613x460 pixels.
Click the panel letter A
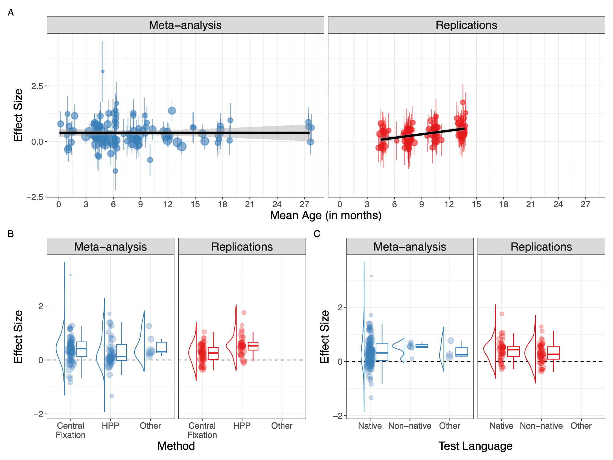click(11, 13)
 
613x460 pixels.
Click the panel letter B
click(11, 234)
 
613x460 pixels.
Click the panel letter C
click(317, 234)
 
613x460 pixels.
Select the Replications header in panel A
click(466, 25)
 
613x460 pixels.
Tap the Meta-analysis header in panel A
click(185, 25)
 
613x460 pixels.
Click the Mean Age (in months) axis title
click(326, 216)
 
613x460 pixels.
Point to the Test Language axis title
click(475, 446)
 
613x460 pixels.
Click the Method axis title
click(176, 446)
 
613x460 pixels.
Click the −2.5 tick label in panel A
click(35, 197)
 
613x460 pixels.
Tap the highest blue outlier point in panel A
click(103, 71)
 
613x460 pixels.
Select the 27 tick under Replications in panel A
click(585, 205)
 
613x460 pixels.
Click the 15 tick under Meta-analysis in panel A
click(195, 205)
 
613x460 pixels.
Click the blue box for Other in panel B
click(161, 348)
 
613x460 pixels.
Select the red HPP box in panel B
click(253, 346)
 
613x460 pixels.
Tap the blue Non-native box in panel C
click(422, 346)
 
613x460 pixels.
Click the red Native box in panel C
click(513, 351)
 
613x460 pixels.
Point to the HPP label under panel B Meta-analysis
click(110, 426)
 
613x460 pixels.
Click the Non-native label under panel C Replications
click(541, 426)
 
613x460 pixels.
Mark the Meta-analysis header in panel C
click(409, 247)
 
